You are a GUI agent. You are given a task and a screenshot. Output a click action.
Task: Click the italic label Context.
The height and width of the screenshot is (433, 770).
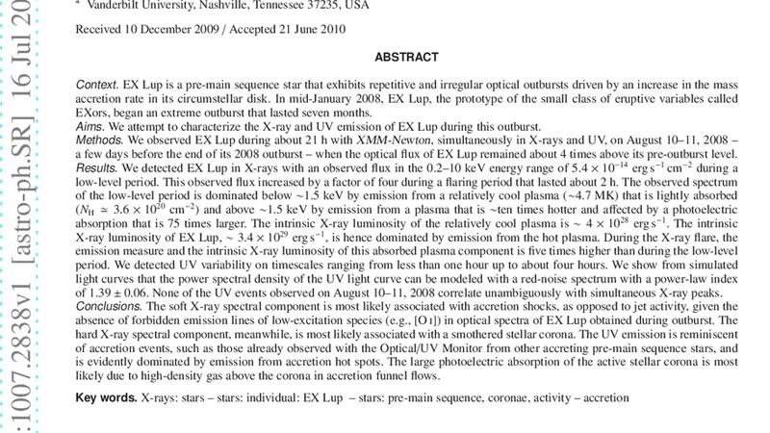pyautogui.click(x=97, y=85)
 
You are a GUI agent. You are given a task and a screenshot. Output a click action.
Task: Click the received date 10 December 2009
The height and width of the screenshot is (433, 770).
pyautogui.click(x=179, y=30)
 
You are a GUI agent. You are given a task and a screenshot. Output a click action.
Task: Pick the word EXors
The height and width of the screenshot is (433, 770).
pyautogui.click(x=94, y=114)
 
